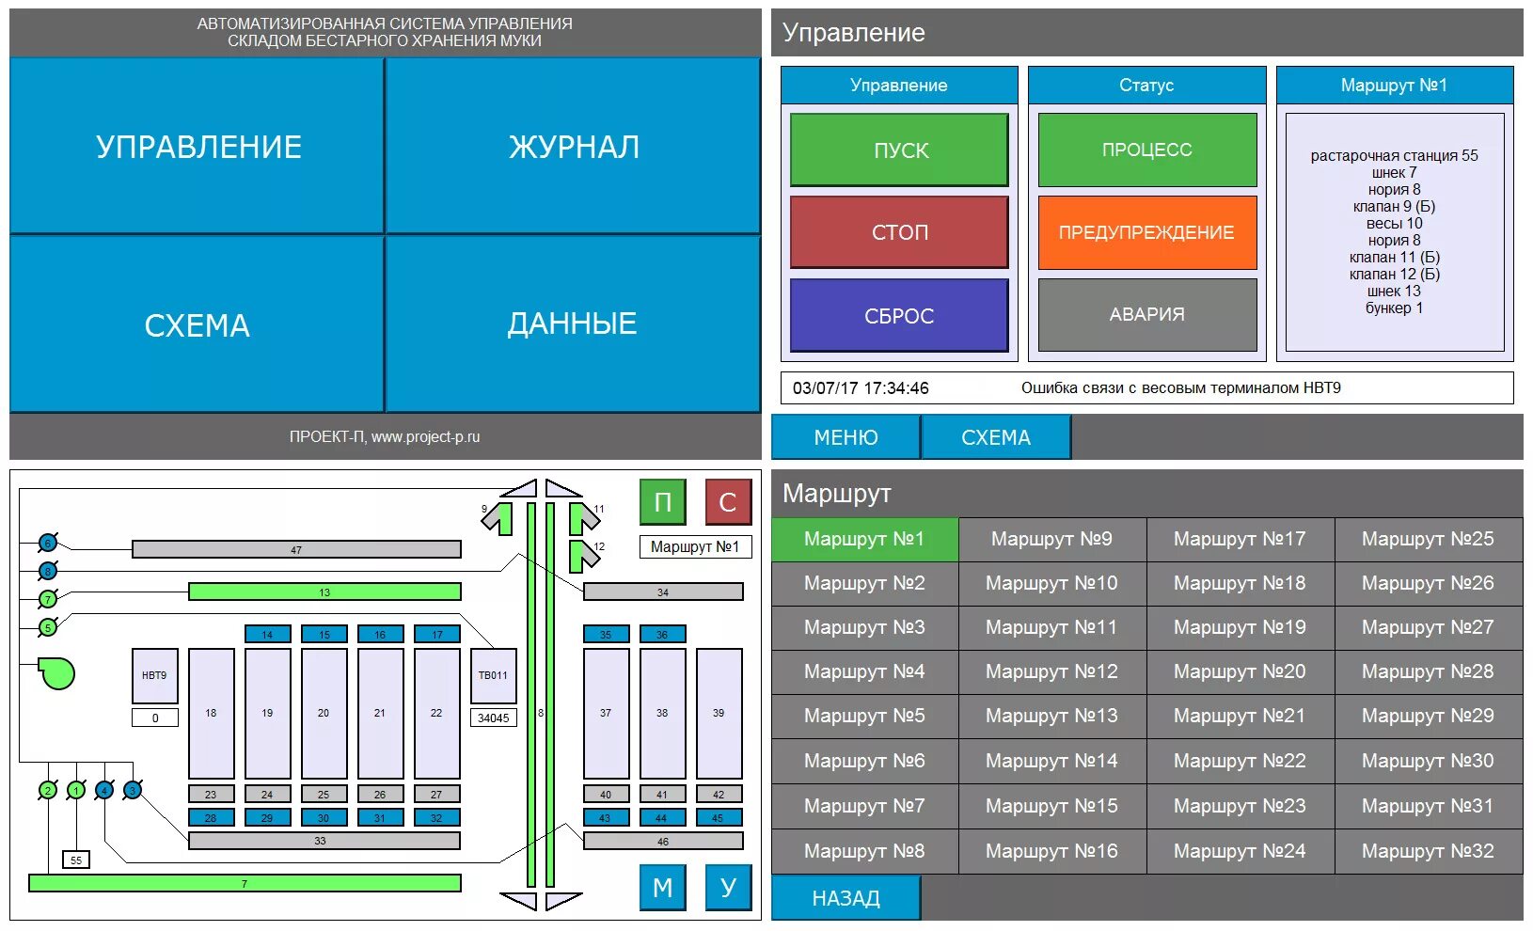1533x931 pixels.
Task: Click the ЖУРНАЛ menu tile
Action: point(573,146)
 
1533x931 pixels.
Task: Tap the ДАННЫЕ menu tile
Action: point(573,323)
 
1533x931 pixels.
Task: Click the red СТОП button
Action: point(899,232)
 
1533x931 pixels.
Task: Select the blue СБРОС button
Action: point(899,316)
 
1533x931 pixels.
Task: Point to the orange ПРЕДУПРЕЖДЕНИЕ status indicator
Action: point(1146,232)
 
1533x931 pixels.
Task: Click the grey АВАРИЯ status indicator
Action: point(1146,315)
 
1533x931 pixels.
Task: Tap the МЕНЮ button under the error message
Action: point(846,437)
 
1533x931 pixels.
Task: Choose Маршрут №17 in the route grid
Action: point(1240,539)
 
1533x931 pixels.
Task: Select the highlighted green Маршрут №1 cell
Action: point(864,539)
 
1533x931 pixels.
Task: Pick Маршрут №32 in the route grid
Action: point(1428,851)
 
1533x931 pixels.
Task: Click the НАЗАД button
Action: point(846,898)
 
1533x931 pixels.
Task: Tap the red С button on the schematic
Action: point(728,502)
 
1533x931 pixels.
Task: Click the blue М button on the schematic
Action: point(662,888)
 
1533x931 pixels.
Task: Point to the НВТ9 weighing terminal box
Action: point(154,675)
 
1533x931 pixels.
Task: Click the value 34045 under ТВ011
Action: point(493,718)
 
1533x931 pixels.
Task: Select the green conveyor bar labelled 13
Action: point(324,592)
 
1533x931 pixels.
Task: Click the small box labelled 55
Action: point(76,860)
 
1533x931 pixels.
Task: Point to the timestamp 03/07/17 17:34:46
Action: point(861,387)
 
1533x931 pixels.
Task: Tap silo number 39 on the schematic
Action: point(719,713)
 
